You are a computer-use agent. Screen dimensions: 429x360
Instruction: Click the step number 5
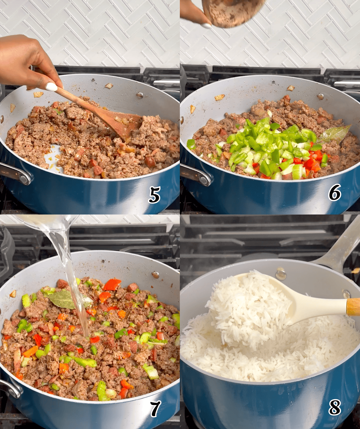point(155,195)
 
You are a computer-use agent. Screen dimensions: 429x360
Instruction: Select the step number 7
point(155,408)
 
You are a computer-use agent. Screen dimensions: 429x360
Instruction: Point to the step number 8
point(335,407)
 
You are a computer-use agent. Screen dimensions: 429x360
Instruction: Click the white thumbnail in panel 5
point(51,87)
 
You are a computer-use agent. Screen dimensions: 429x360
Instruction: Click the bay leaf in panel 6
point(334,134)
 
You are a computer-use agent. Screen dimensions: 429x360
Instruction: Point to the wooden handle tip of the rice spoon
point(353,307)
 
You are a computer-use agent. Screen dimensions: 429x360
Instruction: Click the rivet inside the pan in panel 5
point(140,95)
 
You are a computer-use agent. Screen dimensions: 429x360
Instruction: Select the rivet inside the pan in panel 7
point(155,275)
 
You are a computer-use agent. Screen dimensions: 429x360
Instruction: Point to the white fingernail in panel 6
point(206,26)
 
